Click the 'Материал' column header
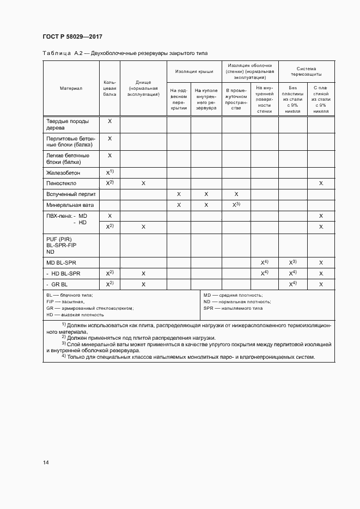pyautogui.click(x=71, y=88)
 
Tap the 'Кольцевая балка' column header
pyautogui.click(x=109, y=88)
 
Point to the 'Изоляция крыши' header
pyautogui.click(x=193, y=71)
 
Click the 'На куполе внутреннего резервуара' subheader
pyautogui.click(x=206, y=99)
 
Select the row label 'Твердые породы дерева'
pyautogui.click(x=68, y=125)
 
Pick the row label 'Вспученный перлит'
pyautogui.click(x=71, y=194)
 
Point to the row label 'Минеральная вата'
pyautogui.click(x=70, y=205)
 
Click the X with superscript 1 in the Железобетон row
pyautogui.click(x=109, y=172)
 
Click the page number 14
pyautogui.click(x=46, y=463)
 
